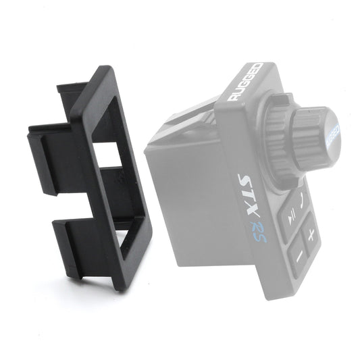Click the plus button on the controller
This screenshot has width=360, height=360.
pyautogui.click(x=311, y=235)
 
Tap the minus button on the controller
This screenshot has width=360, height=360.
pyautogui.click(x=297, y=257)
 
